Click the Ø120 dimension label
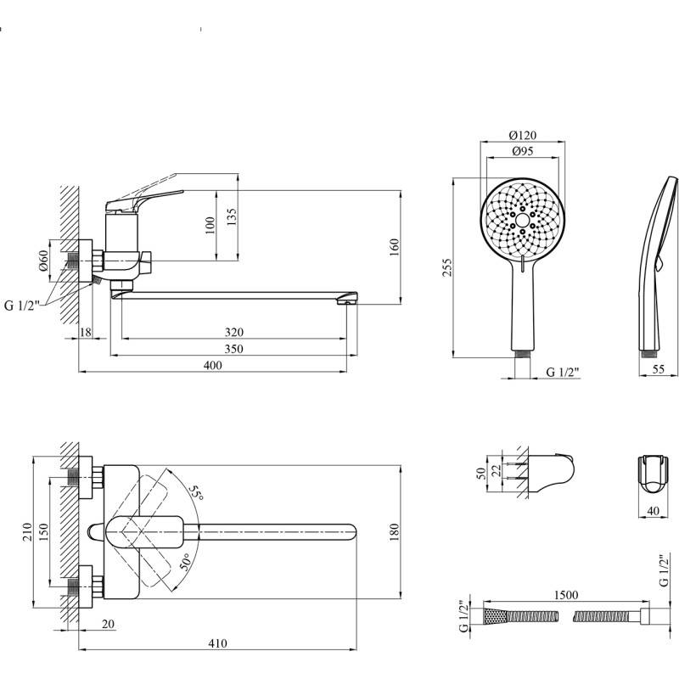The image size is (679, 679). [x=523, y=135]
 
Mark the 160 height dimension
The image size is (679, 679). [x=393, y=246]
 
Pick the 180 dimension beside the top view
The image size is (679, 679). [x=393, y=533]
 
